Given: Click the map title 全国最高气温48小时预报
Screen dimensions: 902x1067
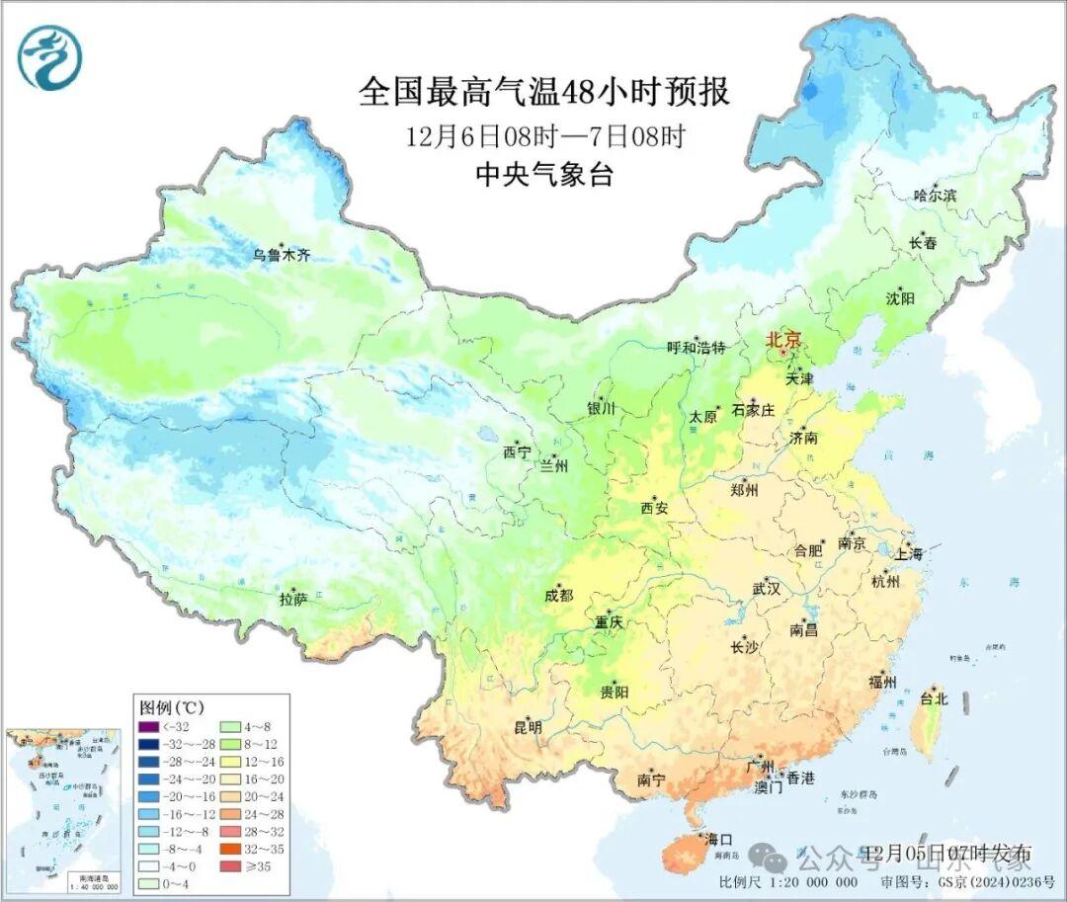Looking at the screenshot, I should (544, 92).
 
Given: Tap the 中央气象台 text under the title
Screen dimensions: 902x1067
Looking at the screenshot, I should (544, 175).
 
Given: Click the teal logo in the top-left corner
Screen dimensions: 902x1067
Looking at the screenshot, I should (49, 57).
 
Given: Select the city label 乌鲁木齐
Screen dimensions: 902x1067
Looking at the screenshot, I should (282, 255).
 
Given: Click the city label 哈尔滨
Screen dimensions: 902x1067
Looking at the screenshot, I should (935, 196).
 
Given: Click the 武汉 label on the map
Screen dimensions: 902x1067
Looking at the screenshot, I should (766, 589).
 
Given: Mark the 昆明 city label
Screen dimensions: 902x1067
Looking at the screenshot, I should (528, 727).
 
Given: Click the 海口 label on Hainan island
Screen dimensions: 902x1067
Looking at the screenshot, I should (719, 841).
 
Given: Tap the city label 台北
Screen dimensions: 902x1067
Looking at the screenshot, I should (933, 698).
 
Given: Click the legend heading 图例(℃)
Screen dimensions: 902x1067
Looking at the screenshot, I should (171, 707).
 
